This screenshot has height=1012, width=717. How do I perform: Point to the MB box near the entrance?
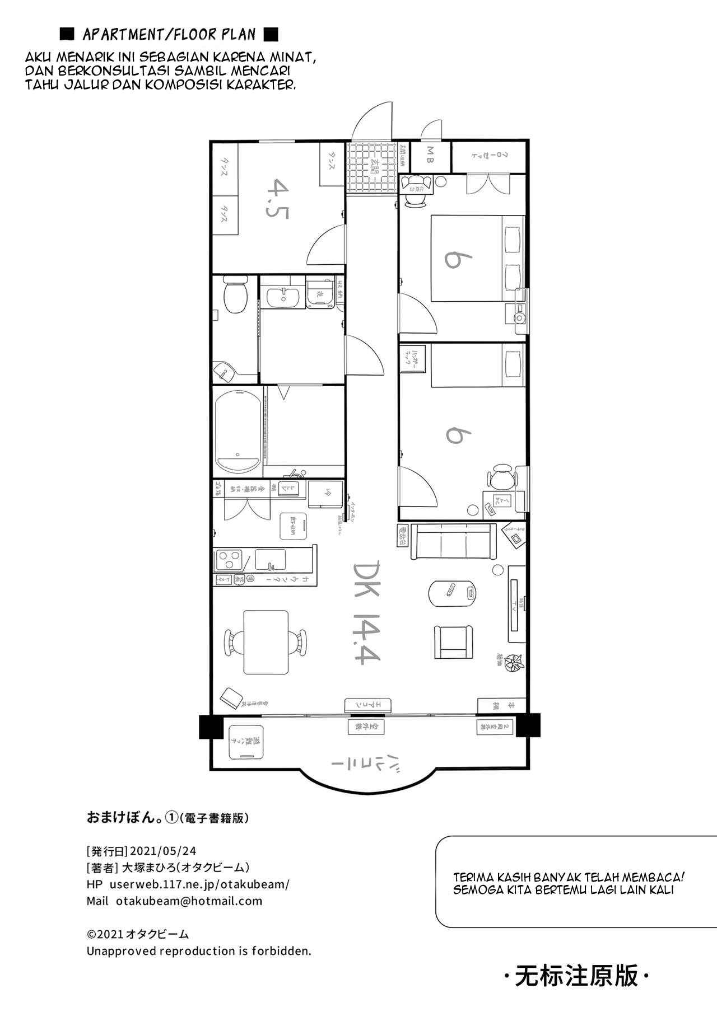pyautogui.click(x=430, y=156)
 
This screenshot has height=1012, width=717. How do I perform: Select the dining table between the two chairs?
pyautogui.click(x=266, y=641)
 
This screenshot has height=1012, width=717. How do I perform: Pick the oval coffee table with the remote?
pyautogui.click(x=453, y=593)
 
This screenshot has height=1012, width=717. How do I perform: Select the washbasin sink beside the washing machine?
pyautogui.click(x=283, y=296)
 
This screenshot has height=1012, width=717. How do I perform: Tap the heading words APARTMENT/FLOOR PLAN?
pyautogui.click(x=169, y=35)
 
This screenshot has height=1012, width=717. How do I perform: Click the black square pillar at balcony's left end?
pyautogui.click(x=211, y=727)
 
